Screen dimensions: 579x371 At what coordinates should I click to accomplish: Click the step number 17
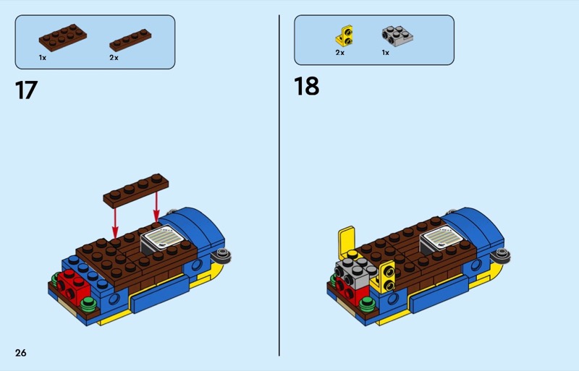(26, 90)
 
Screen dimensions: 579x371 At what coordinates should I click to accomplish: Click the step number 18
(306, 86)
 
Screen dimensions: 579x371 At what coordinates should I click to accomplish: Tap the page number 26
(21, 353)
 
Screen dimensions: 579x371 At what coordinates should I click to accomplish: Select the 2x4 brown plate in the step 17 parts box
(63, 38)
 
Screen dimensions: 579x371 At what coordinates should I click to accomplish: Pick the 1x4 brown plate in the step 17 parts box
(130, 40)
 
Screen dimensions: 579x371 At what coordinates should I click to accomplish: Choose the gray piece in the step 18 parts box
(397, 36)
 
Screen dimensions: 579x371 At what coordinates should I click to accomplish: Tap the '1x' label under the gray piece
(386, 53)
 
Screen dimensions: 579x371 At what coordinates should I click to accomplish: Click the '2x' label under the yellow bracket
(339, 53)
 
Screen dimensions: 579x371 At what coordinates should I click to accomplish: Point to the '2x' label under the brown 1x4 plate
(114, 58)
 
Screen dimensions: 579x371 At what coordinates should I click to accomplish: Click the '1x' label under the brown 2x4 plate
(43, 58)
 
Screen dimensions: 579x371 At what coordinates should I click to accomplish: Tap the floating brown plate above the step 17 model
(136, 190)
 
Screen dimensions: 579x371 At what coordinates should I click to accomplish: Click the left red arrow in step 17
(115, 223)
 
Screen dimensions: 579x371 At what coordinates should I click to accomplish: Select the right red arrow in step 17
(156, 207)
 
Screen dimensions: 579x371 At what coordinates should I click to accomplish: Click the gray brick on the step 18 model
(355, 273)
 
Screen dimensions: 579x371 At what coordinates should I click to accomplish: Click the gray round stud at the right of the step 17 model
(223, 255)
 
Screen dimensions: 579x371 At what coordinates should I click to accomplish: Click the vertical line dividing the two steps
(279, 185)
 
